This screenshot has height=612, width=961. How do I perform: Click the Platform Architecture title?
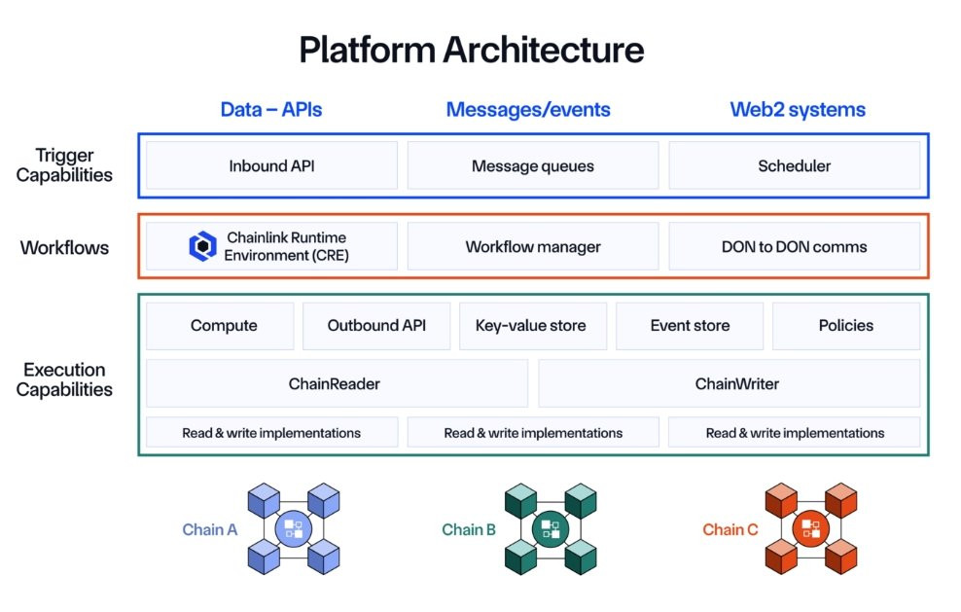[472, 50]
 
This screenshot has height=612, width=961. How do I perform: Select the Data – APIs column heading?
[271, 109]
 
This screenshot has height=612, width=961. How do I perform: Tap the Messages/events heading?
[528, 109]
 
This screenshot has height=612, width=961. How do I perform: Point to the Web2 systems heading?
[798, 109]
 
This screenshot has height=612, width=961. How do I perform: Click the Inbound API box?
[271, 165]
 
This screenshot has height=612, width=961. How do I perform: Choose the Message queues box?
[533, 165]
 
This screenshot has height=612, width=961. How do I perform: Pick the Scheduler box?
[795, 165]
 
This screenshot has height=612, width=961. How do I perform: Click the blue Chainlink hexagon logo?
[202, 246]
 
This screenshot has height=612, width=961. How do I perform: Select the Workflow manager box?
[533, 246]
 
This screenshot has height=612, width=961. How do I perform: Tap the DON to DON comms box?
[795, 246]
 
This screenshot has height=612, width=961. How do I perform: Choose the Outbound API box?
[376, 326]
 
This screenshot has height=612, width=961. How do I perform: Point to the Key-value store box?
[533, 326]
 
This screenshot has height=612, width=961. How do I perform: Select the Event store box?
[690, 326]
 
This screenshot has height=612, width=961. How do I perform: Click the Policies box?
[846, 326]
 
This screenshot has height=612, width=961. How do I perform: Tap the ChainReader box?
[337, 383]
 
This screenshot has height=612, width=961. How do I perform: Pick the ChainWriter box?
[730, 383]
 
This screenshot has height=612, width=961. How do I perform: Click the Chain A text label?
[209, 529]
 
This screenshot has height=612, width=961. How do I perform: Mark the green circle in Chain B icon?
[551, 528]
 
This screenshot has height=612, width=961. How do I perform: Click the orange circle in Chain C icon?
[811, 528]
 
